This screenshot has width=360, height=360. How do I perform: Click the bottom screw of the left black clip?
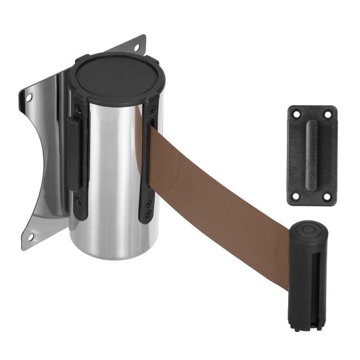(x=77, y=201)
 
